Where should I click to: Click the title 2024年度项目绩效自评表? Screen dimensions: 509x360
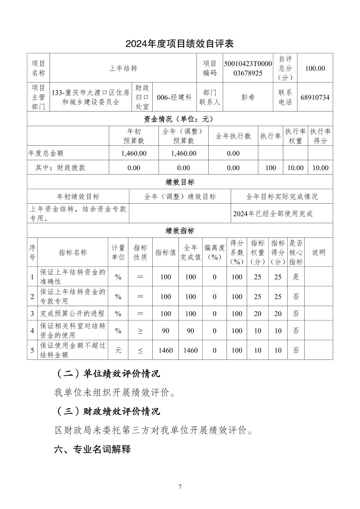click(x=179, y=44)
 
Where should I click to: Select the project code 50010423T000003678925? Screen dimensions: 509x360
click(x=248, y=68)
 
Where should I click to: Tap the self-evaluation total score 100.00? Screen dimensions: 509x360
click(x=315, y=68)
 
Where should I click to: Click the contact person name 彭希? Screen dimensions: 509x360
click(x=248, y=97)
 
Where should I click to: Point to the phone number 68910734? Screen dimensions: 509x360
click(x=315, y=97)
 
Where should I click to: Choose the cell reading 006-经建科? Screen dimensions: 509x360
click(x=174, y=97)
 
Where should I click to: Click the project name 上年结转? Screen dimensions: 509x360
click(x=123, y=68)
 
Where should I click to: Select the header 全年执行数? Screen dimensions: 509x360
click(x=233, y=136)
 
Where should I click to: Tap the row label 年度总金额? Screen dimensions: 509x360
click(x=46, y=153)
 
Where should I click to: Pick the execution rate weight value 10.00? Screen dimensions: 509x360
click(x=295, y=168)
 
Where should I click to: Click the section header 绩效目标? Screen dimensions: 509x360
click(x=180, y=182)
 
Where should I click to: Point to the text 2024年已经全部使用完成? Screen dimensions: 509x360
click(x=273, y=214)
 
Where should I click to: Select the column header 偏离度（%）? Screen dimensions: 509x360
click(x=215, y=252)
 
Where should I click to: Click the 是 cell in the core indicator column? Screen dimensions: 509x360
click(x=296, y=277)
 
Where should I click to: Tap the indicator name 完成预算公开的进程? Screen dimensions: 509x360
click(x=72, y=313)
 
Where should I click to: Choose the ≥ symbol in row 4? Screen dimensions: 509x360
click(x=140, y=331)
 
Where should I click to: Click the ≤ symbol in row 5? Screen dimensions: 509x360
click(x=140, y=350)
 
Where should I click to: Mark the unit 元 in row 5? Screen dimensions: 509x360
click(x=118, y=350)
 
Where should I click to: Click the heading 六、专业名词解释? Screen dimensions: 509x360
click(x=92, y=449)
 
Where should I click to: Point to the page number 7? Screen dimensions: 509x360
click(x=180, y=487)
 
